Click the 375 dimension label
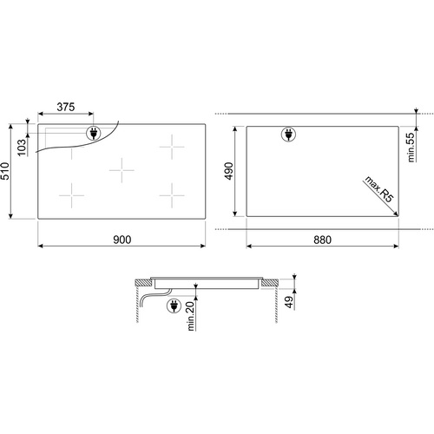pos(66,107)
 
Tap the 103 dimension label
pos(22,148)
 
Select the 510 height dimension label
pos(5,171)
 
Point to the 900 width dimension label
pos(122,240)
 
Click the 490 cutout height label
pos(229,171)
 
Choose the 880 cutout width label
pos(322,240)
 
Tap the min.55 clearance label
pos(411,147)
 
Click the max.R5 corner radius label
pos(379,189)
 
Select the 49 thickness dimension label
pos(289,302)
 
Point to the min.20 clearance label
pos(191,315)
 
